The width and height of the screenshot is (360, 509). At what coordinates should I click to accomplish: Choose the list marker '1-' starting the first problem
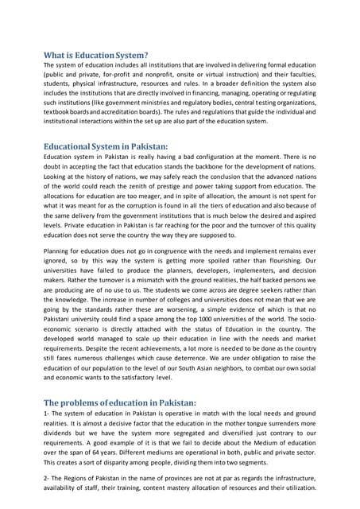tap(48, 415)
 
